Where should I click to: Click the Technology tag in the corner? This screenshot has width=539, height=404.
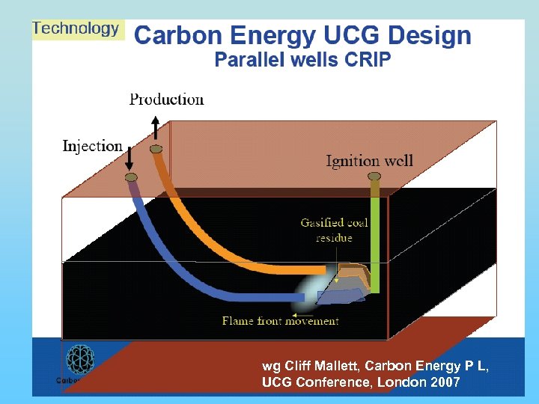tap(76, 29)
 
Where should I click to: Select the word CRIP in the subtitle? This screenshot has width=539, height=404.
tap(367, 61)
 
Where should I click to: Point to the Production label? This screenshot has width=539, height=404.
tap(166, 100)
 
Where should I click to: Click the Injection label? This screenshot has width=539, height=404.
tap(92, 146)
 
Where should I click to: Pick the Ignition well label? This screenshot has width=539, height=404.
tap(369, 161)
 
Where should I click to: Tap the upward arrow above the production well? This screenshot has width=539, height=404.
tap(155, 126)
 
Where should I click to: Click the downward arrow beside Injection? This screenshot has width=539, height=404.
tap(129, 157)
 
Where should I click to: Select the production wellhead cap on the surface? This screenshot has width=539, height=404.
tap(156, 150)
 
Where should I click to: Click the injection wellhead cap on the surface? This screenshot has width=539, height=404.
tap(131, 177)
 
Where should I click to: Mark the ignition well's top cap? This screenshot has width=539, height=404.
tap(374, 177)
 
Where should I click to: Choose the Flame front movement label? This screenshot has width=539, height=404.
tap(280, 321)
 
